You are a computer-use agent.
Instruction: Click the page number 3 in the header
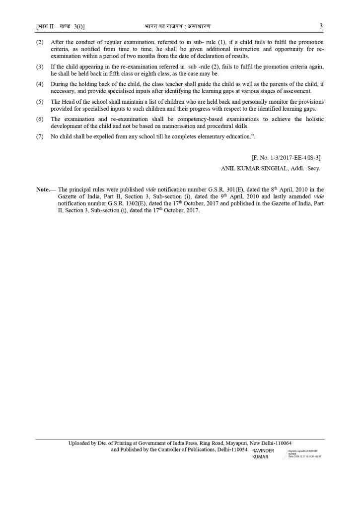[x=321, y=26]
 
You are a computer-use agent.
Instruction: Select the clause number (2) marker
[x=40, y=42]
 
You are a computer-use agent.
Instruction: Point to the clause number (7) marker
[x=40, y=136]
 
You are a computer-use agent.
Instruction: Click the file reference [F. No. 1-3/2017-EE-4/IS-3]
[x=286, y=157]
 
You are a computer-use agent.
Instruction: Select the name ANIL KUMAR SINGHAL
[x=251, y=168]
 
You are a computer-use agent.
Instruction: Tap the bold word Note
[x=43, y=190]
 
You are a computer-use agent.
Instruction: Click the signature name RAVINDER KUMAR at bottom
[x=263, y=454]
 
